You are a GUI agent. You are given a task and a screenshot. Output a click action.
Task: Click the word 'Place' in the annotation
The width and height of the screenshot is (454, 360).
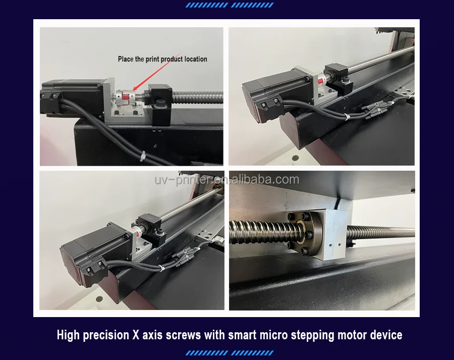(x=126, y=59)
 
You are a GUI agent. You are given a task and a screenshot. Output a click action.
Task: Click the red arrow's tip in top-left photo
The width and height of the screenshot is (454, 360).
(x=133, y=90)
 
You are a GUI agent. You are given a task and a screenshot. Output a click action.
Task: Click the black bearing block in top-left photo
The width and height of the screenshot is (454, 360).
(x=160, y=104)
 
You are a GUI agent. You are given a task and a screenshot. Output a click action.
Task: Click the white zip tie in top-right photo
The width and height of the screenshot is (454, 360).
(x=346, y=117)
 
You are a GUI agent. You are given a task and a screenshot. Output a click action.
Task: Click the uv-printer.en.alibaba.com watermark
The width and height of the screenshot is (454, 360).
(x=226, y=180)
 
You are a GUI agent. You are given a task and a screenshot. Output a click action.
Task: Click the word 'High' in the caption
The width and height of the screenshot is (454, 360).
(x=68, y=335)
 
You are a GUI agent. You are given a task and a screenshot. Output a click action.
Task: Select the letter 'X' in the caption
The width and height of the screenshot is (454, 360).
(x=136, y=335)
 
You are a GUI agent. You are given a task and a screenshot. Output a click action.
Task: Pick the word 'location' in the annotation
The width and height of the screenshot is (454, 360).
(x=196, y=59)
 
